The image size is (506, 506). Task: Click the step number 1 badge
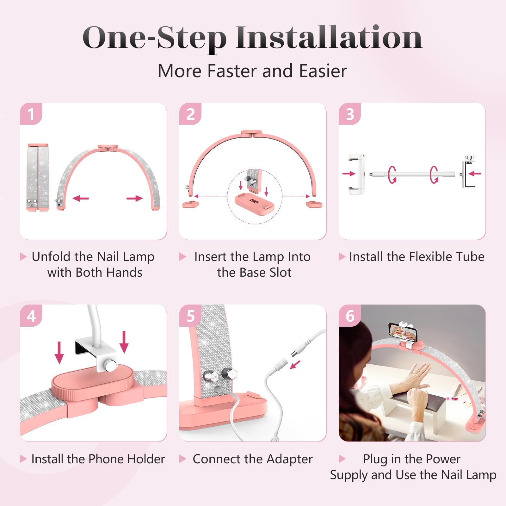31,114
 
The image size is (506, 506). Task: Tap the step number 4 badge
31,316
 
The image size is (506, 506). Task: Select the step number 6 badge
350,316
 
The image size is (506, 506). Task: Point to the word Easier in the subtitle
323,71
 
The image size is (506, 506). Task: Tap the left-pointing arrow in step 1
81,199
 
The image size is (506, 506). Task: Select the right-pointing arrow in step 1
135,199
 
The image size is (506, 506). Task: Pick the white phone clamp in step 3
356,174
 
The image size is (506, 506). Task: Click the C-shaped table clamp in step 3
467,172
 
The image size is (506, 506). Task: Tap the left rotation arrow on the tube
392,174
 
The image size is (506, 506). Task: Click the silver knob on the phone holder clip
111,366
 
